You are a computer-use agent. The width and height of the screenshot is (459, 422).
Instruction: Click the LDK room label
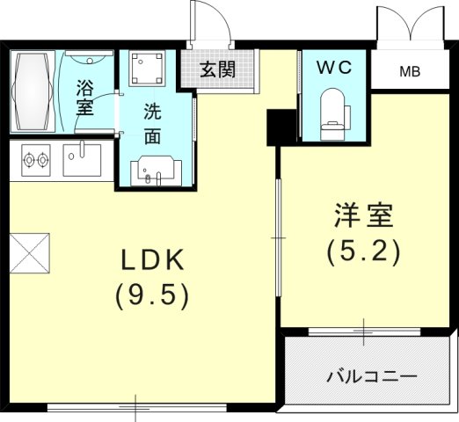[x=152, y=260]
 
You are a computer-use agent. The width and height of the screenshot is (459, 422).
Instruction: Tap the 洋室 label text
[x=363, y=215]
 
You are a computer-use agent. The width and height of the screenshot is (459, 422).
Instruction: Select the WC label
[x=334, y=68]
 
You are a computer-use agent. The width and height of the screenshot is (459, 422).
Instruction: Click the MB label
[x=410, y=71]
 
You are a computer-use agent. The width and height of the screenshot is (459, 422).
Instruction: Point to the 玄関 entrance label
[x=218, y=69]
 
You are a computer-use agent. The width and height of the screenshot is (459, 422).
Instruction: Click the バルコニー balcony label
[x=372, y=376]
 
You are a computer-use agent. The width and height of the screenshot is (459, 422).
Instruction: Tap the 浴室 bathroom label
[x=84, y=98]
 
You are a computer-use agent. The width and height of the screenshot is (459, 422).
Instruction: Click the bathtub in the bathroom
[x=33, y=91]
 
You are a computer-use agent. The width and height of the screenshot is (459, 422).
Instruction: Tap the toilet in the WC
[x=332, y=114]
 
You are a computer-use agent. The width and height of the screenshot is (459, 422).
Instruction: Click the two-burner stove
[x=36, y=160]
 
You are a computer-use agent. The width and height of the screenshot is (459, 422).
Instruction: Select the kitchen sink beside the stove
[x=82, y=160]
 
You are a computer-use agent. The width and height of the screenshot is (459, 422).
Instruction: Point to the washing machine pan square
[x=147, y=68]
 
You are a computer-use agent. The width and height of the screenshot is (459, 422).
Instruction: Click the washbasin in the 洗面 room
[x=156, y=171]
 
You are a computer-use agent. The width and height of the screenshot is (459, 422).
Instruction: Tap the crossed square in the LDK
[x=30, y=253]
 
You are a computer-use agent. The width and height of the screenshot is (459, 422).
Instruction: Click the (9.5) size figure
[x=152, y=298]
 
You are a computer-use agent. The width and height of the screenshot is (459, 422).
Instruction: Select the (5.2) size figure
[x=363, y=252]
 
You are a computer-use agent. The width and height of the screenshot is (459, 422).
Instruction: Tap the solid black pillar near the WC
[x=281, y=127]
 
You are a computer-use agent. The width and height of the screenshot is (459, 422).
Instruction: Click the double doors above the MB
[x=412, y=24]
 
